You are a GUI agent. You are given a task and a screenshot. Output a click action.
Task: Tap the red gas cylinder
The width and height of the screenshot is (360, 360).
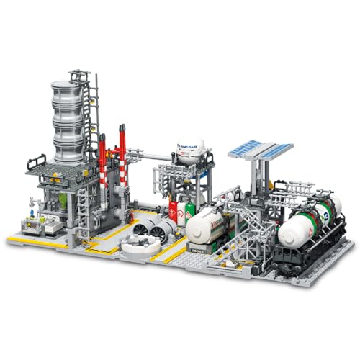[173, 210]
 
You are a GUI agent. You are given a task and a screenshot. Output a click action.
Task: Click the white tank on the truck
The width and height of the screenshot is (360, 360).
[208, 225]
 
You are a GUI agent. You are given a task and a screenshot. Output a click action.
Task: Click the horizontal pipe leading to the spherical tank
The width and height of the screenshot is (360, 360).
[151, 153]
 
